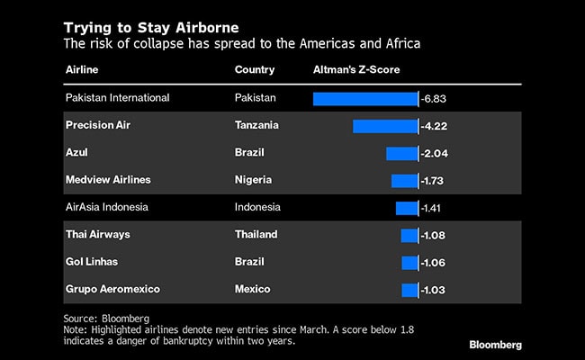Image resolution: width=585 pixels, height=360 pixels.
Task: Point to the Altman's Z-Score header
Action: pos(355,69)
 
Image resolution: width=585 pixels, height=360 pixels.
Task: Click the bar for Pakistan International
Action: pos(364,98)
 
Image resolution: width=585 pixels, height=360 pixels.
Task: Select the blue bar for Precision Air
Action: pos(385,126)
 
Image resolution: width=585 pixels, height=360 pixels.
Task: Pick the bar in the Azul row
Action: pos(401,153)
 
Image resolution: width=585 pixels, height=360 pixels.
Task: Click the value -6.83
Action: pos(436,98)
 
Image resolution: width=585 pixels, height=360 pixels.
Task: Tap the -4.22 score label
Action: pos(436,126)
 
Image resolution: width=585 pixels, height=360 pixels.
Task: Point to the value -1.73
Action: pos(436,181)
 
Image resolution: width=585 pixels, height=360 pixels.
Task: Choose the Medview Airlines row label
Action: pos(108,180)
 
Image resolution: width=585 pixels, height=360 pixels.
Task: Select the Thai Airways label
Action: pos(98,235)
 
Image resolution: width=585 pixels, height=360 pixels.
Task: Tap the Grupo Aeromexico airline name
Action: pos(112,289)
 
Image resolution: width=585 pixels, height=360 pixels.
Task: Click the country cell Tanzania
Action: pos(256,125)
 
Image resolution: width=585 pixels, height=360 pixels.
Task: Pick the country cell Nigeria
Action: pos(254,180)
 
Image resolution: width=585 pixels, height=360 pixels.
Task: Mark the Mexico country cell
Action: pos(253,289)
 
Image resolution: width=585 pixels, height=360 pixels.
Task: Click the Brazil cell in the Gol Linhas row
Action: pos(250,262)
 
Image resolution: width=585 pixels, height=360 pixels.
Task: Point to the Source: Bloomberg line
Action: pos(106,319)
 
